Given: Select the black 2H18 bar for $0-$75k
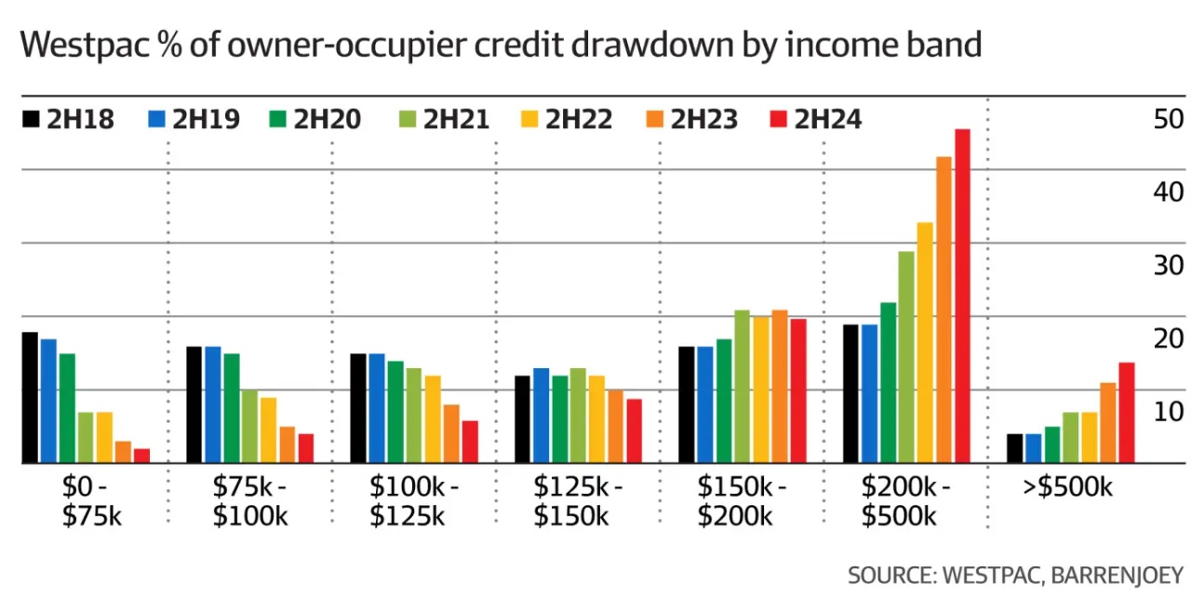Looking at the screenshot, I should [30, 397].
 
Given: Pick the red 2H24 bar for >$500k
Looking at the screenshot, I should [1126, 412].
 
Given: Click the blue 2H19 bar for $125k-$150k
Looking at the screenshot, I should [541, 416].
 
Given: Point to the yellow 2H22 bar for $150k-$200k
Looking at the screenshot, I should [760, 390].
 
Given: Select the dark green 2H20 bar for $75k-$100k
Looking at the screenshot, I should [231, 408].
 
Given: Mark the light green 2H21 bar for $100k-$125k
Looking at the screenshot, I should [413, 416].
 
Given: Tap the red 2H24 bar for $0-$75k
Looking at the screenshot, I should [140, 456].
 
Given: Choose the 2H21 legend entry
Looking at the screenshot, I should [443, 119].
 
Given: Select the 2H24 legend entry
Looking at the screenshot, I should [817, 119].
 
